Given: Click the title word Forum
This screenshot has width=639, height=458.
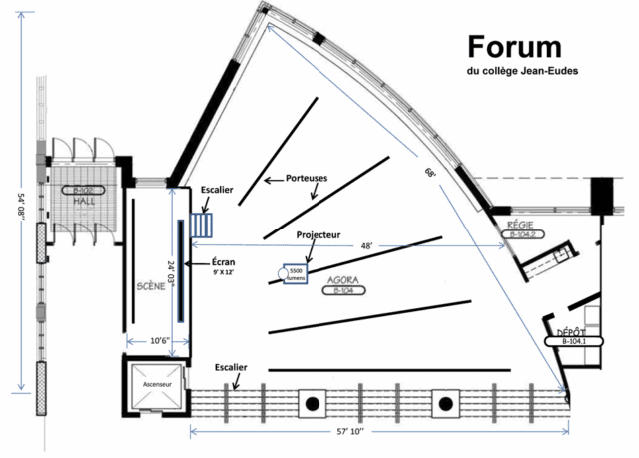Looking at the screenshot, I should (x=513, y=46).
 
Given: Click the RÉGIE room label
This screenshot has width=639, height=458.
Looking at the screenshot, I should (x=523, y=225).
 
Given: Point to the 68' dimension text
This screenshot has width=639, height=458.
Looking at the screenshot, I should (x=430, y=172).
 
